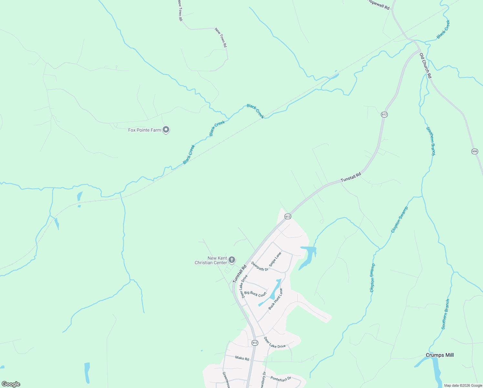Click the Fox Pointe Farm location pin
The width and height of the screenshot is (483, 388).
[x=166, y=130]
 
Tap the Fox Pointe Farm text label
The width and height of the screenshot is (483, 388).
[x=145, y=130]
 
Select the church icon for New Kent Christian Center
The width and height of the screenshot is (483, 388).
[x=232, y=260]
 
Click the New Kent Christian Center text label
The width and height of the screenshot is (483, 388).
[x=211, y=261]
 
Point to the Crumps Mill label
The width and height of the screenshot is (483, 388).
[x=439, y=355]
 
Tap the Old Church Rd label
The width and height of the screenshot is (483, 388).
[x=426, y=66]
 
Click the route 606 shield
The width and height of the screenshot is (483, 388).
[x=474, y=151]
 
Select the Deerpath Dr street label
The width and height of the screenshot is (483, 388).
[x=260, y=266]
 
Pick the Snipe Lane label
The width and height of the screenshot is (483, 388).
[x=275, y=259]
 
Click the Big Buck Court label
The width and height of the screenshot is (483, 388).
[x=255, y=294]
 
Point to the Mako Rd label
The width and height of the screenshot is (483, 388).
[x=242, y=358]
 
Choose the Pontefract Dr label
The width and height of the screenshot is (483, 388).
[x=281, y=379]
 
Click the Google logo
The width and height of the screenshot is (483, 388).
[x=11, y=384]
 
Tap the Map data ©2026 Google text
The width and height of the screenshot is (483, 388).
[x=463, y=385]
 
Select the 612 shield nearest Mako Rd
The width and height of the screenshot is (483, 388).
[x=254, y=343]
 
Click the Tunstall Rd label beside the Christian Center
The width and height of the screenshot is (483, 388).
[x=240, y=274]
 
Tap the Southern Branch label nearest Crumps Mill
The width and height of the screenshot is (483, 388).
[x=446, y=314]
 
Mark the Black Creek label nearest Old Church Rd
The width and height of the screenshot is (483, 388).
[x=443, y=29]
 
